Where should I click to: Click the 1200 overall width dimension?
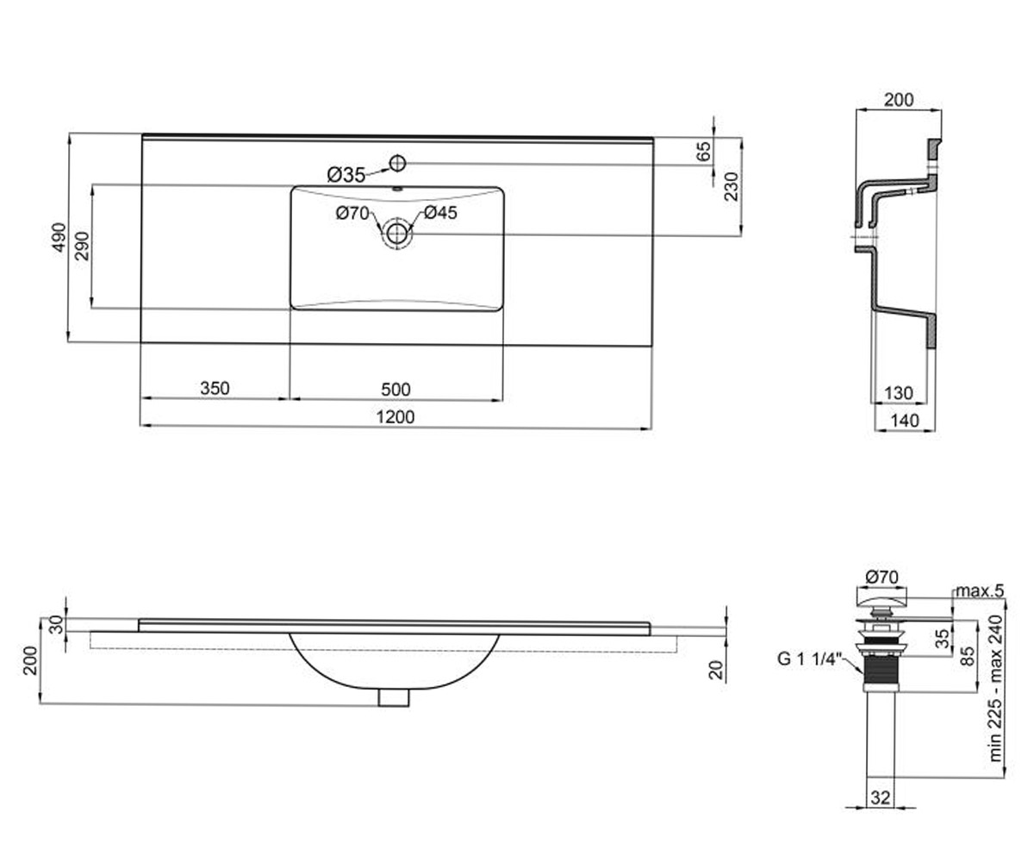pyautogui.click(x=396, y=417)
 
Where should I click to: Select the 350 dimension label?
pyautogui.click(x=215, y=388)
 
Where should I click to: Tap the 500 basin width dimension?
pyautogui.click(x=396, y=389)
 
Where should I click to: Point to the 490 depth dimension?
pyautogui.click(x=59, y=237)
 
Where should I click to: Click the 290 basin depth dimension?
pyautogui.click(x=82, y=246)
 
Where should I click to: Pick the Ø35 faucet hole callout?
pyautogui.click(x=346, y=174)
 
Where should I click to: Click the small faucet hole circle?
pyautogui.click(x=397, y=163)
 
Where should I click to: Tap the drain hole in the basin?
pyautogui.click(x=396, y=233)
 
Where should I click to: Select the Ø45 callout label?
pyautogui.click(x=440, y=213)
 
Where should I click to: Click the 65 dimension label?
pyautogui.click(x=703, y=151)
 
